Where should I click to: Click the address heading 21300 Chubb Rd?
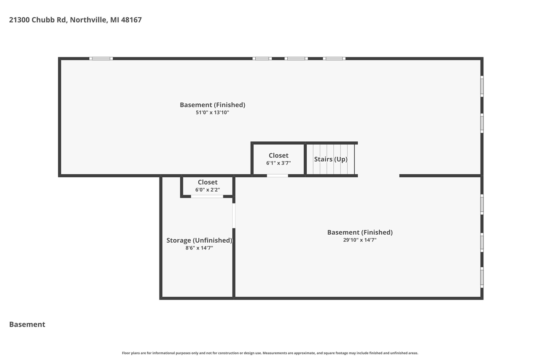point(75,20)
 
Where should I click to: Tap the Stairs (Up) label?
point(331,159)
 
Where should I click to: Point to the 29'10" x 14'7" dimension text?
point(359,240)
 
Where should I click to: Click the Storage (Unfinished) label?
point(199,240)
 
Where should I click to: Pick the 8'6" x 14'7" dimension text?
point(199,248)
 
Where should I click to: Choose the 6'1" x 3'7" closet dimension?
point(278,163)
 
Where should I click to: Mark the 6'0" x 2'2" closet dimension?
point(208,190)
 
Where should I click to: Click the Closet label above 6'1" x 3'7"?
point(278,155)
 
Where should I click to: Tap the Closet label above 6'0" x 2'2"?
point(208,182)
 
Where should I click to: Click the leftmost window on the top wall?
point(101,59)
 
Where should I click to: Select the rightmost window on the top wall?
point(334,59)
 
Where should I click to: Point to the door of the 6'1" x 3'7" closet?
point(277,176)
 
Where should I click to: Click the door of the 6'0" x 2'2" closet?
point(207,196)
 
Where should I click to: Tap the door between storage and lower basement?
point(234,216)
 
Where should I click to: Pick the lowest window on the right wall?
point(482,277)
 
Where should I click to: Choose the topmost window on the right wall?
point(482,86)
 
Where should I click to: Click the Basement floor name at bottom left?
point(27,325)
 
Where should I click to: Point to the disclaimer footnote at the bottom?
point(270,353)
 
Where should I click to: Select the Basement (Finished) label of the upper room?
point(212,105)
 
